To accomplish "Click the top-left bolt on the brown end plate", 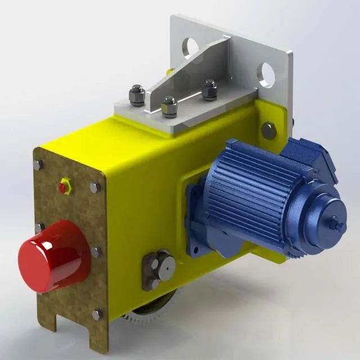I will pyautogui.click(x=38, y=165).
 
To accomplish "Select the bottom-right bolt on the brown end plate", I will pyautogui.click(x=96, y=314).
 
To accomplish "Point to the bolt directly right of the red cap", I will pyautogui.click(x=96, y=251).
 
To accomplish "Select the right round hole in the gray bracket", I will pyautogui.click(x=266, y=74).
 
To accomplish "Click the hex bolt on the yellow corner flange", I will pyautogui.click(x=269, y=131).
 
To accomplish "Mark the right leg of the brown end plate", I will pyautogui.click(x=98, y=337).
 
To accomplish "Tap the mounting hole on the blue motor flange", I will pyautogui.click(x=195, y=247).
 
